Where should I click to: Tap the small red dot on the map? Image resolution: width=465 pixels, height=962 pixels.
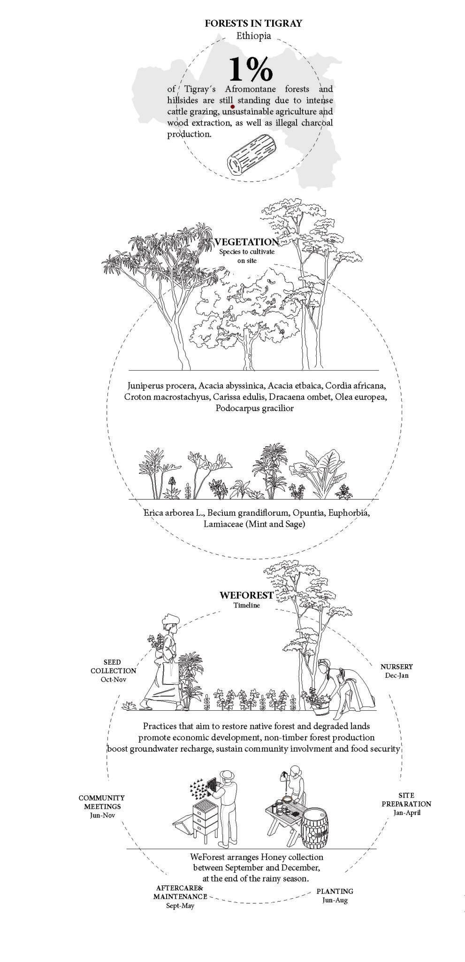[233, 107]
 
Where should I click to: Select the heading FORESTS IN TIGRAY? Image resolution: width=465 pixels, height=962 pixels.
[253, 23]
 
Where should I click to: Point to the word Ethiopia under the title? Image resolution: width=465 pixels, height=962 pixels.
[253, 36]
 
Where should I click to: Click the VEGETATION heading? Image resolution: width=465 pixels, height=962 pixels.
[247, 242]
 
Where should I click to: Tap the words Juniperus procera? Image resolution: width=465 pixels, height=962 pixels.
[161, 386]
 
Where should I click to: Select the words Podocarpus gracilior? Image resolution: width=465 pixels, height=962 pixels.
[254, 408]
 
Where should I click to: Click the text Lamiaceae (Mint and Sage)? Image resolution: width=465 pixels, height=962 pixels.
[254, 524]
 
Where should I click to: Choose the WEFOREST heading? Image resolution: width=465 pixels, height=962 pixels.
[246, 595]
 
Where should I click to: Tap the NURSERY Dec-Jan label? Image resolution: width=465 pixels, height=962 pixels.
[396, 671]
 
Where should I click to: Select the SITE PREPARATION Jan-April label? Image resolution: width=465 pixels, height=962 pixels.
[406, 804]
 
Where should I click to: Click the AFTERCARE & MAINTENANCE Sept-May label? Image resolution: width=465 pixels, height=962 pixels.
[180, 897]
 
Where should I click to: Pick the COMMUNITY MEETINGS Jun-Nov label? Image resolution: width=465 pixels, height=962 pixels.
[102, 806]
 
